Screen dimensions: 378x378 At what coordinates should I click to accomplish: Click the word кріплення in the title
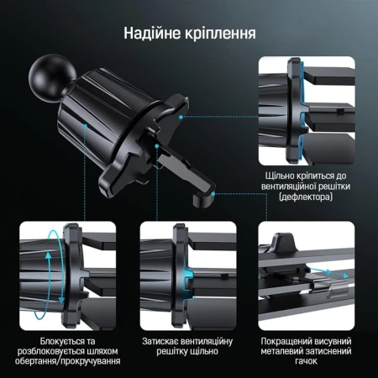click(220, 34)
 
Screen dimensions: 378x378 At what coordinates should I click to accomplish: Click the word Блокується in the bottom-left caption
click(47, 342)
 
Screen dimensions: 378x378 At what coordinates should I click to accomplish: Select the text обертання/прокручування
click(66, 360)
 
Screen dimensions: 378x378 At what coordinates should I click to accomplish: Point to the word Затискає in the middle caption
click(162, 342)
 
